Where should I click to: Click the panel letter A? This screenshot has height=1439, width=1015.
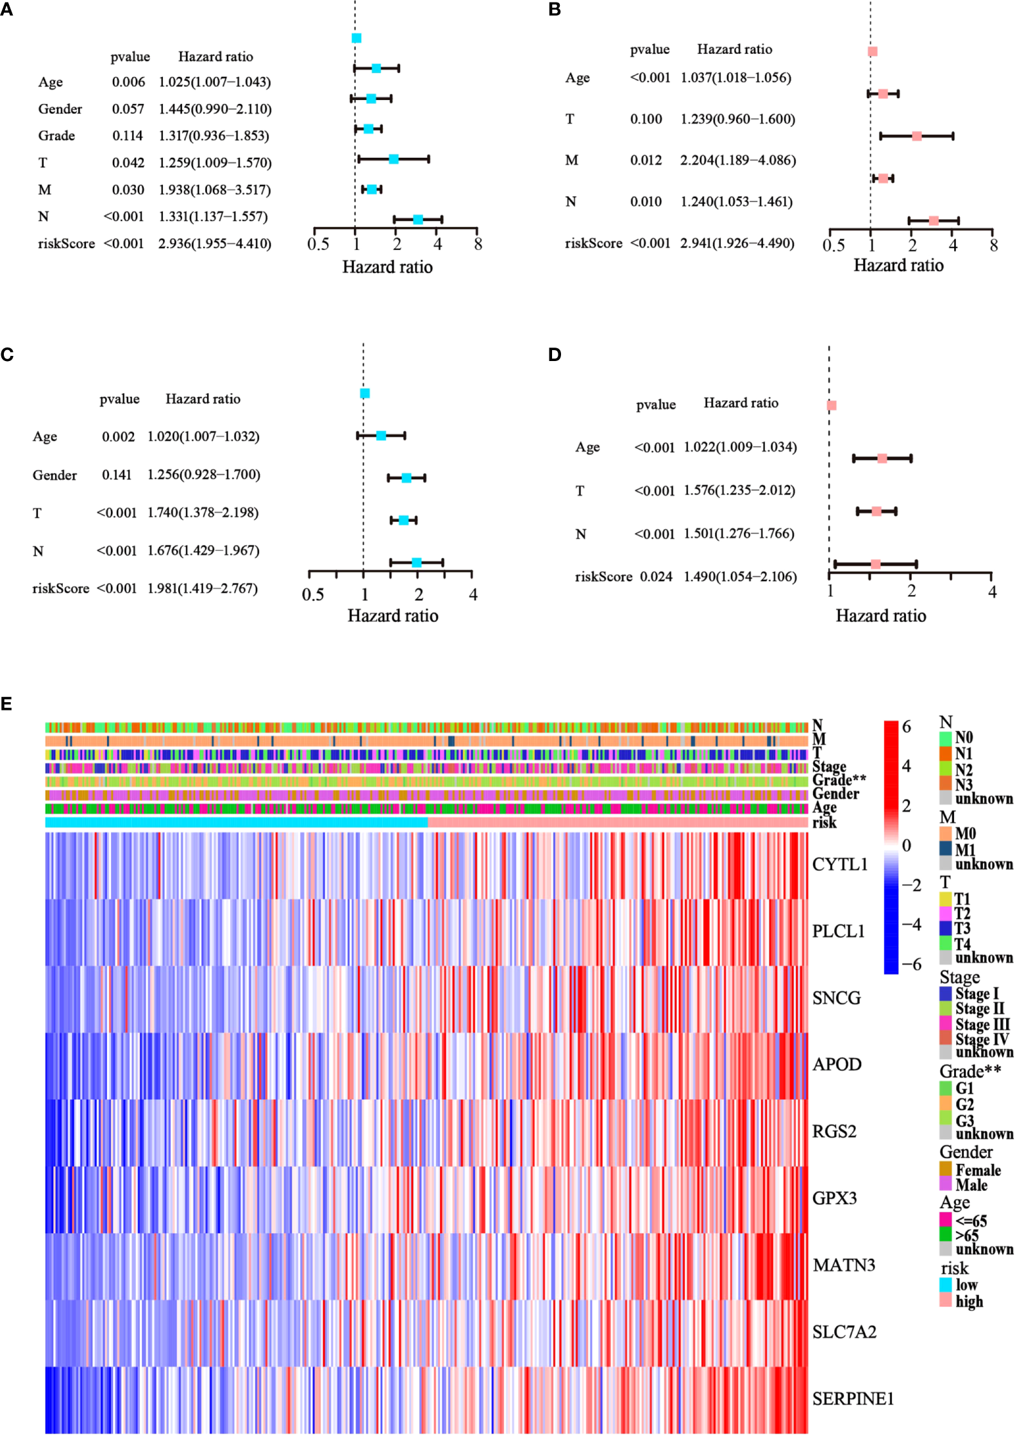click(x=6, y=9)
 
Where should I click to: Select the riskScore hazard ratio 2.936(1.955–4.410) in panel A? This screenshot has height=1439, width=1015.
click(x=215, y=244)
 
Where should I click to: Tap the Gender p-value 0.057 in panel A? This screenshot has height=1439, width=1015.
click(x=128, y=109)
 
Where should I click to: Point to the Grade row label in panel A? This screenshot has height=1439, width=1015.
click(x=56, y=136)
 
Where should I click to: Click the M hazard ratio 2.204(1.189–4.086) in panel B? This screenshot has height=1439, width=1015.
click(x=738, y=160)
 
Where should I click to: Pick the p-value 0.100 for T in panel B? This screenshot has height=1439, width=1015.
click(x=646, y=119)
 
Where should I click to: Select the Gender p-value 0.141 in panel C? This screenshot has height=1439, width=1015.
click(x=117, y=475)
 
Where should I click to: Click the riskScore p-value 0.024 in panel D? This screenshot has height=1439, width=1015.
click(x=656, y=577)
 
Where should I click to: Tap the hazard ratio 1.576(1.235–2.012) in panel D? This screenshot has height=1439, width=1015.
click(x=739, y=491)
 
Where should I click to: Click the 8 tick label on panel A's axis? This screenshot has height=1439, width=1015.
click(x=478, y=244)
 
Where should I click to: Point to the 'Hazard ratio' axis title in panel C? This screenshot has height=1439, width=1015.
click(x=393, y=616)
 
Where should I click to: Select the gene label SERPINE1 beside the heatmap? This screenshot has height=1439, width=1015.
click(x=853, y=1399)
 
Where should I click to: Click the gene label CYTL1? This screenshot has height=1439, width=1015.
click(x=839, y=864)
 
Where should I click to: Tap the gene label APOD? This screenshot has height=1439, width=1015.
click(x=837, y=1065)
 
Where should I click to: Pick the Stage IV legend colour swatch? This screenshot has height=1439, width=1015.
click(x=945, y=1038)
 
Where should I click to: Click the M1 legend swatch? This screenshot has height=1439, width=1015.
click(x=945, y=849)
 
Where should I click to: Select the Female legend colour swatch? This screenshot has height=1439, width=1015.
click(x=945, y=1170)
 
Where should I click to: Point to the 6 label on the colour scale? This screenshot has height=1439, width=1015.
click(x=906, y=727)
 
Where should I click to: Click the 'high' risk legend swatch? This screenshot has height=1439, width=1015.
click(x=945, y=1300)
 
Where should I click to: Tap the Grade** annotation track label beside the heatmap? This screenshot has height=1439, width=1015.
click(x=839, y=780)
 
